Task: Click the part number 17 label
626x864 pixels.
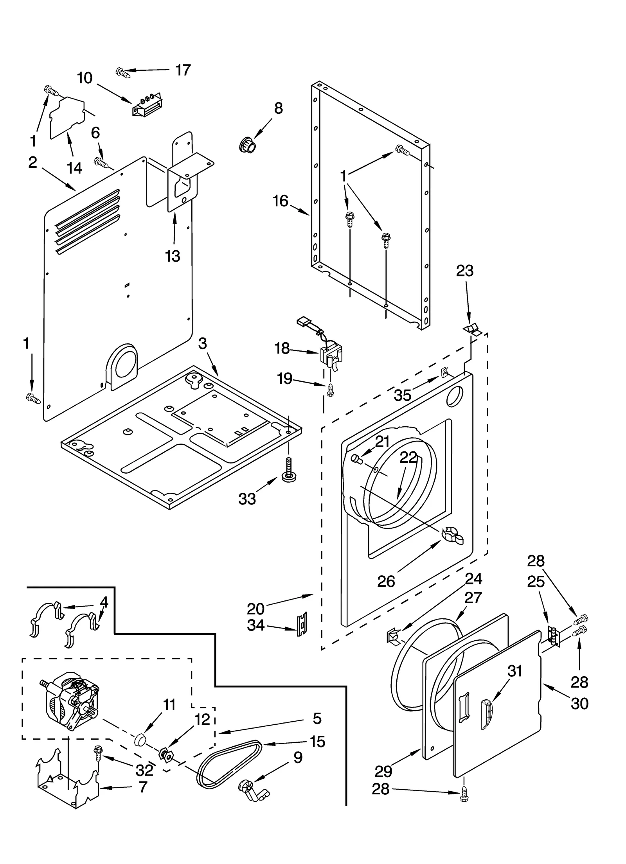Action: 183,70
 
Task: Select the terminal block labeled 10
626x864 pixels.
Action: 147,104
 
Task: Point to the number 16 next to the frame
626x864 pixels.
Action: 281,201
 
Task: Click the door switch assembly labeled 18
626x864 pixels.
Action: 331,355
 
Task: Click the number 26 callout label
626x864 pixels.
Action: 386,582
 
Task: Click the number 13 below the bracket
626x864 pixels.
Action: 173,256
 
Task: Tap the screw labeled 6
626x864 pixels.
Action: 101,162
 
